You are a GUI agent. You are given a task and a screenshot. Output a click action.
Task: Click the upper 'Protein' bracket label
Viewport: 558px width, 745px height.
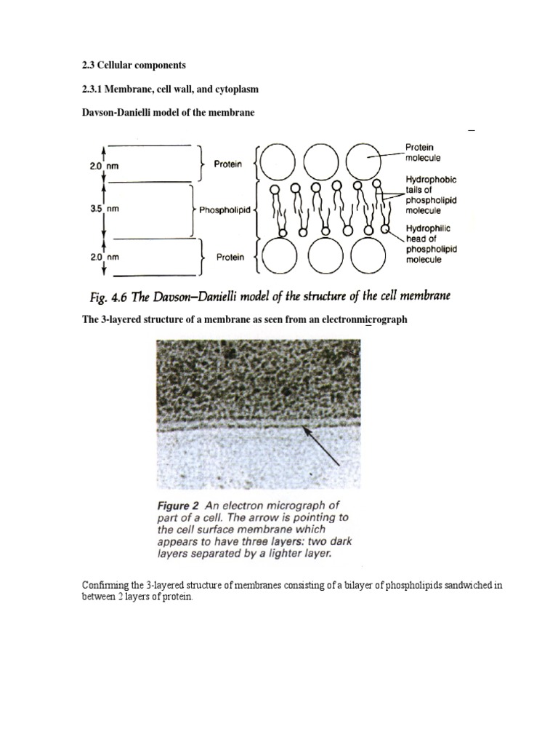pos(228,164)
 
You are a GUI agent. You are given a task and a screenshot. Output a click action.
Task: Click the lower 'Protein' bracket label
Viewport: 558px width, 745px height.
pos(230,257)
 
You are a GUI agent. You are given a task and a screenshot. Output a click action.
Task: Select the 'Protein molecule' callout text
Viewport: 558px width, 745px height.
pos(424,152)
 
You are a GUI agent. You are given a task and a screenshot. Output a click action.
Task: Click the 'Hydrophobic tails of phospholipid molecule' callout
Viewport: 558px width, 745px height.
pos(432,195)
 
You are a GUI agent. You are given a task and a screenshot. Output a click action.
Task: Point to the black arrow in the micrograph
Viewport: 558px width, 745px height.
pos(323,447)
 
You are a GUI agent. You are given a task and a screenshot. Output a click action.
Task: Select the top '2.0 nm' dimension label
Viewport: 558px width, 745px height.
pos(104,166)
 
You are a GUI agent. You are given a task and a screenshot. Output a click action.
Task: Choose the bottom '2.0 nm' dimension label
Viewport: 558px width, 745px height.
pos(104,258)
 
